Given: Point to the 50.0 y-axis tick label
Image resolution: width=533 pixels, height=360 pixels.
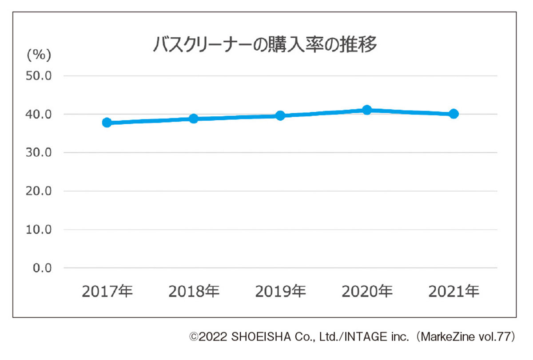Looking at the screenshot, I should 39,76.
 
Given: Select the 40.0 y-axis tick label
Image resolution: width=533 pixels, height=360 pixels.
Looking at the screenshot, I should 39,115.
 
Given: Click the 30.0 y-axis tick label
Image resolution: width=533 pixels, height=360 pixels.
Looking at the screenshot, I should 39,153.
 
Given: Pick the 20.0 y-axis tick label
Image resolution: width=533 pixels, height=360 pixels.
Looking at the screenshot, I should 39,191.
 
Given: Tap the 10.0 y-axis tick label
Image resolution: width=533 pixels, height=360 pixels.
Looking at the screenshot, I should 39,230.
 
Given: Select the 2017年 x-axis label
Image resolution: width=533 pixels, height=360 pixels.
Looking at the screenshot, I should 107,292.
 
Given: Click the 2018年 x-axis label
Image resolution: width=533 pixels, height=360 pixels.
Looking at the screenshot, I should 194,292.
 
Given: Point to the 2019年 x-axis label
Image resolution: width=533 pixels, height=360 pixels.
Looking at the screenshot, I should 280,292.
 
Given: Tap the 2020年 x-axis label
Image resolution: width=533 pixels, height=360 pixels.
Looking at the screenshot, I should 367,292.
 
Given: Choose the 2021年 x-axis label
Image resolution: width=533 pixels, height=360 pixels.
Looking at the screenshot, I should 453,292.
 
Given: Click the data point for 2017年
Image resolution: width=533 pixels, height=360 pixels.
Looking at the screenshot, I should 107,123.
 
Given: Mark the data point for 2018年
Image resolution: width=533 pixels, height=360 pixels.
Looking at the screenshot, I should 194,119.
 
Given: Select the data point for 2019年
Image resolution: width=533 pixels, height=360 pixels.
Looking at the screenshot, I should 280,115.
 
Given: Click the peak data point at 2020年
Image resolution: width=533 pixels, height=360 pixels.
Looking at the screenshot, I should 367,110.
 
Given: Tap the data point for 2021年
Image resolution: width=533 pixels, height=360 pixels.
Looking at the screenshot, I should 453,114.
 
